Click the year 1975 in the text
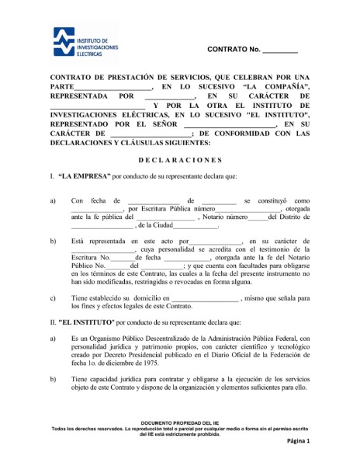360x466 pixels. pos(126,362)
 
